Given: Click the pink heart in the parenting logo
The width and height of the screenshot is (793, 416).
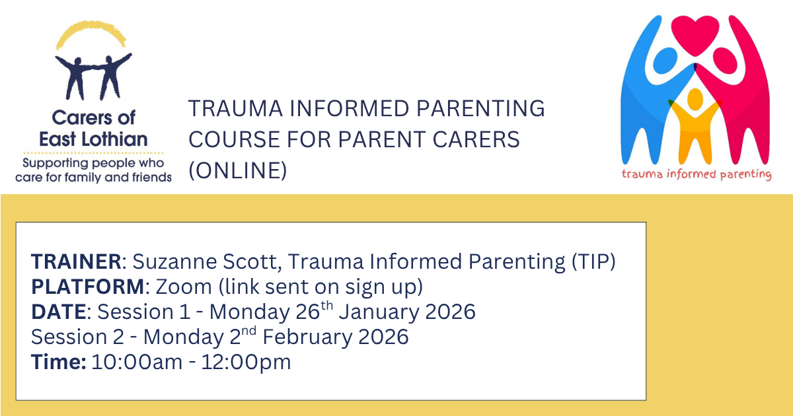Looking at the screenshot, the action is point(695,34).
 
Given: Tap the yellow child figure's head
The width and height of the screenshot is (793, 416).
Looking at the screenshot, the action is point(695,100).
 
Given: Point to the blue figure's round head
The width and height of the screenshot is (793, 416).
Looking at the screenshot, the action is point(665,61).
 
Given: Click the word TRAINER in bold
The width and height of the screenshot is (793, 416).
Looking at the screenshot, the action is point(77,261).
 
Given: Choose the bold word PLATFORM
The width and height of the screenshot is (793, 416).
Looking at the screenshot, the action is point(88,287).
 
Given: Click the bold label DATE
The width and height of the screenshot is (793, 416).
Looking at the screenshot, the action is point(59,312).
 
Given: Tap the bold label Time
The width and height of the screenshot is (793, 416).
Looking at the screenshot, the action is point(58,362).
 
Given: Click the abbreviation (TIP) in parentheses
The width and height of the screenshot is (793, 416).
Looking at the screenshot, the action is point(593,261).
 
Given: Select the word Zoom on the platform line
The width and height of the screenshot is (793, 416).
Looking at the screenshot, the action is point(184,287).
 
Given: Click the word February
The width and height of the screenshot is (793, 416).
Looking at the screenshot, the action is point(307,337).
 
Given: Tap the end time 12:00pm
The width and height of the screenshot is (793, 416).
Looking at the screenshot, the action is point(246,363).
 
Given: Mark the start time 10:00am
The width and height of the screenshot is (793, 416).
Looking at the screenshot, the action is point(137,363).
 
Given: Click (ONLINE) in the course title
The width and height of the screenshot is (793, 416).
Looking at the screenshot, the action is point(237,170).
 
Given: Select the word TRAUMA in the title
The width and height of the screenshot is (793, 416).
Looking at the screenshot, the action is point(235,108).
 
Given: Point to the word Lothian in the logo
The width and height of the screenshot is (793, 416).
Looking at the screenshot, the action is point(114,139).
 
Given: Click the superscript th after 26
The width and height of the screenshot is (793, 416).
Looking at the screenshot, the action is point(326,305).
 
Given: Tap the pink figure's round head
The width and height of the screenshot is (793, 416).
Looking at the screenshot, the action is point(725,61).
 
